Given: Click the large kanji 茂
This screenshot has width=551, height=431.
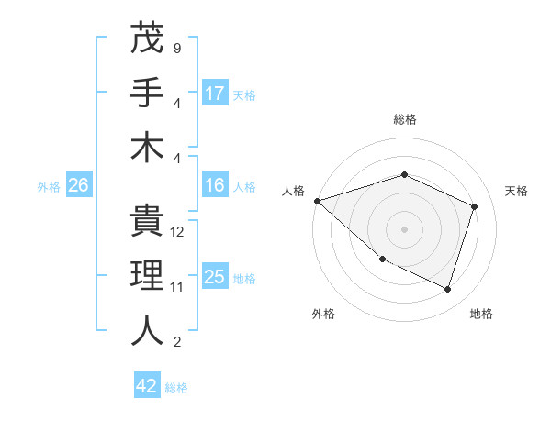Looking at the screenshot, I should tap(147, 39).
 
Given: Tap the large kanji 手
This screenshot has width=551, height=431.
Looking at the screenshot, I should tap(147, 93).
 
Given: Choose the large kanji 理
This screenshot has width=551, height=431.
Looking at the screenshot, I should tap(147, 276).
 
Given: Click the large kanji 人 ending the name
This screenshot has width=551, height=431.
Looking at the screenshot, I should tap(147, 330).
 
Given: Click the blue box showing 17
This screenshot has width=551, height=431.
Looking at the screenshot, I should tap(215, 93).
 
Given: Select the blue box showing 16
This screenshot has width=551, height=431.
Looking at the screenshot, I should tap(215, 186).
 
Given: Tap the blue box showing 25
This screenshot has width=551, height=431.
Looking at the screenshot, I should tap(215, 277).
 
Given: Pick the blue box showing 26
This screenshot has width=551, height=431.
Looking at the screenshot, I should tap(78, 186).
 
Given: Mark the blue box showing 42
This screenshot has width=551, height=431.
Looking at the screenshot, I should tap(147, 386).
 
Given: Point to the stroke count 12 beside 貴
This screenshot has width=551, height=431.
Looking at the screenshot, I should tap(178, 232).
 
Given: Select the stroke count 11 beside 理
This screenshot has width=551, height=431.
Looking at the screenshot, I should tap(178, 287).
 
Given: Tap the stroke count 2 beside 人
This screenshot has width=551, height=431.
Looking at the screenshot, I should tap(176, 342).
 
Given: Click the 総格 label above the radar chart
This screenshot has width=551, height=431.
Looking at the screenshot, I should tap(405, 119).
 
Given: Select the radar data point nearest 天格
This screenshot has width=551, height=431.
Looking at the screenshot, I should tap(475, 206).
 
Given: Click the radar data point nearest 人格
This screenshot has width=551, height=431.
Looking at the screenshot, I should tap(317, 201).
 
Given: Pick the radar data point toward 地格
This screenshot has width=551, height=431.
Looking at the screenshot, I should tap(448, 290).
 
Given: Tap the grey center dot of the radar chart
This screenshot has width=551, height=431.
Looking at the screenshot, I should tap(405, 229).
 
